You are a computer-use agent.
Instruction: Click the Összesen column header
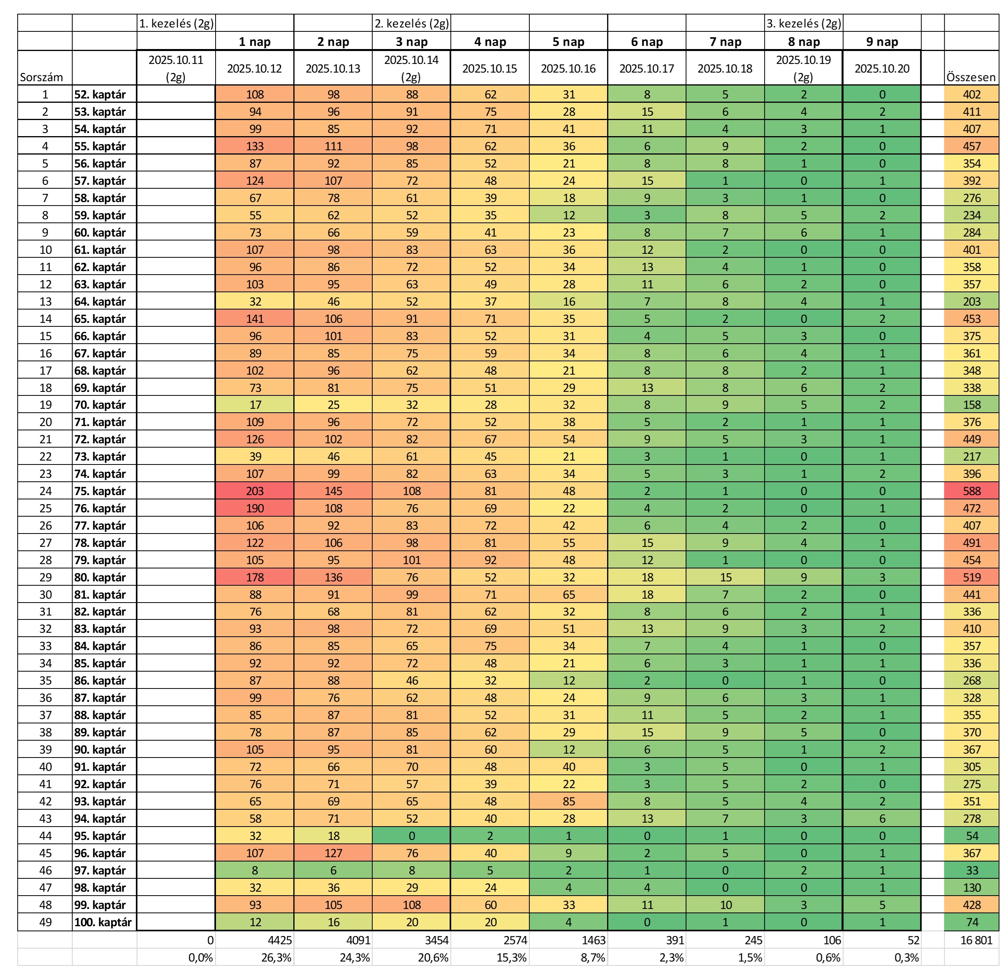(x=971, y=77)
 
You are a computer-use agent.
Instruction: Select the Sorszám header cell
(x=42, y=77)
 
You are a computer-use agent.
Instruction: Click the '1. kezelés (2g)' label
(x=176, y=24)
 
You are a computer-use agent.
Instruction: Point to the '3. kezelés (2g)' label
(x=803, y=24)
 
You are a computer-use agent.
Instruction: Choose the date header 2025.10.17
(x=646, y=68)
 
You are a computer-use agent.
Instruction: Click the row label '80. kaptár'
(x=100, y=577)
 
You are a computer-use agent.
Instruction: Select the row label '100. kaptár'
(x=103, y=922)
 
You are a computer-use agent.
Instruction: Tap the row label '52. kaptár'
(x=100, y=95)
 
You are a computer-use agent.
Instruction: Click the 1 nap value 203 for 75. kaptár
(x=254, y=491)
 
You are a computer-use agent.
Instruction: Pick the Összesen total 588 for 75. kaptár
(x=971, y=491)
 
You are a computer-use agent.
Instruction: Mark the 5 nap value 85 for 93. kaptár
(x=568, y=801)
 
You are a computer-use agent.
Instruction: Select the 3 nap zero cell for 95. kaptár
(x=412, y=836)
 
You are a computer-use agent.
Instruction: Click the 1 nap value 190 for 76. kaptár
(x=254, y=508)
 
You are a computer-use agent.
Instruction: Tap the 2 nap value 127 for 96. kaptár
(x=333, y=853)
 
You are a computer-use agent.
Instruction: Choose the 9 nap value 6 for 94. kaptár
(x=882, y=819)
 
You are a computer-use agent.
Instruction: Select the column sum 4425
(x=280, y=940)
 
